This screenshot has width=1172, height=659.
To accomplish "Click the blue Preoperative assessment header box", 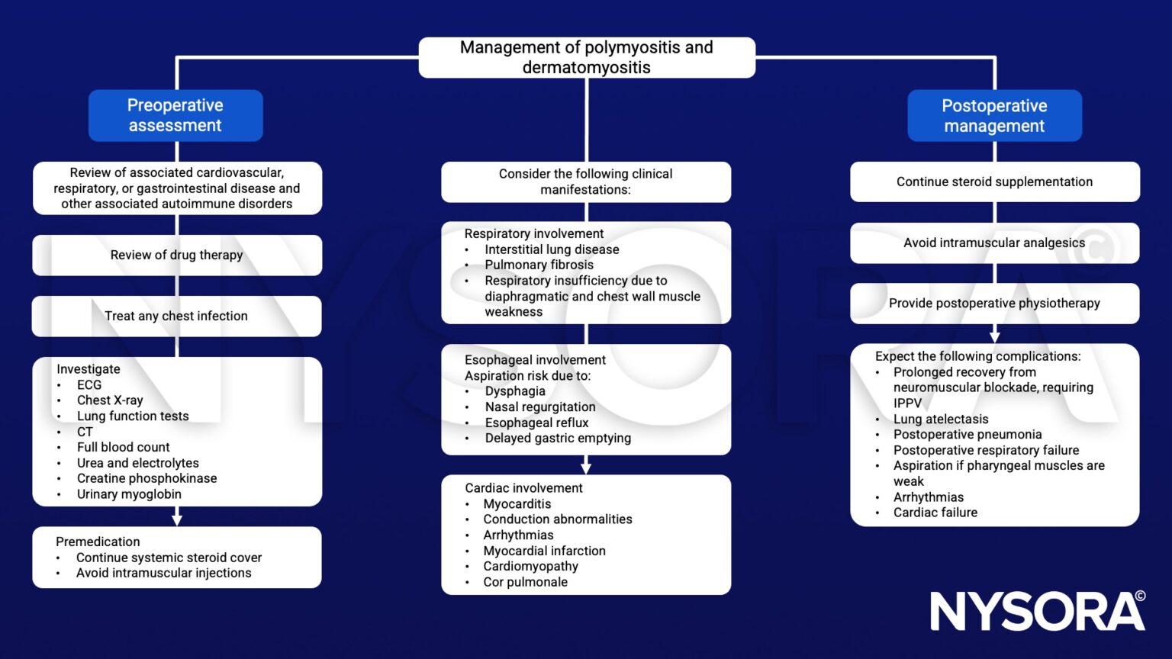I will [x=175, y=115].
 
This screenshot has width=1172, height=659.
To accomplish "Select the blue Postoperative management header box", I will [x=994, y=116].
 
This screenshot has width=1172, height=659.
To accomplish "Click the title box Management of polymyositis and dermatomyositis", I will [x=586, y=57].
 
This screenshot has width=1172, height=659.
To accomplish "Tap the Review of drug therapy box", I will [x=176, y=255].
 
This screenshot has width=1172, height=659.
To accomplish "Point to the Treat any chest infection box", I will [x=176, y=316].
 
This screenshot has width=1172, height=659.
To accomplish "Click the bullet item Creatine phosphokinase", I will [x=146, y=478].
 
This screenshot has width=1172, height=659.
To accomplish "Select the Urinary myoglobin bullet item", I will [x=129, y=494].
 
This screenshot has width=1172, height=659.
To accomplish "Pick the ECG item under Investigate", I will [x=89, y=385].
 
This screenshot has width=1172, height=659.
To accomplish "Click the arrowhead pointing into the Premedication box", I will [x=177, y=519].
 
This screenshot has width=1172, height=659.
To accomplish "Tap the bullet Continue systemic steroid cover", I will [x=169, y=558].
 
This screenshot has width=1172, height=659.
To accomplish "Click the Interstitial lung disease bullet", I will [x=552, y=249].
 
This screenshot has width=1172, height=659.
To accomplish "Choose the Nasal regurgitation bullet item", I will [x=540, y=407].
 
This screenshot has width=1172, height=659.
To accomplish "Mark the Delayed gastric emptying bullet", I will [x=558, y=438].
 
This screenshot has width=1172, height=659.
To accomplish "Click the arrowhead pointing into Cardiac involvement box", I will [x=586, y=468].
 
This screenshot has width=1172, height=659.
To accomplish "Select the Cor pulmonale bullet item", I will [x=525, y=582].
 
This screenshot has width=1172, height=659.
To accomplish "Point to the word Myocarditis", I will [x=517, y=503].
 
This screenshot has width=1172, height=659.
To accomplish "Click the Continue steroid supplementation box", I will [x=994, y=182].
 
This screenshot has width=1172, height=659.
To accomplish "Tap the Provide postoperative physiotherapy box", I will [x=994, y=303].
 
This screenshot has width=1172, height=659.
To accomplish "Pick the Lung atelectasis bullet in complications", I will [x=940, y=419].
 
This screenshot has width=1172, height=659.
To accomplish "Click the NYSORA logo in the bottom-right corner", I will [x=1037, y=611].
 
